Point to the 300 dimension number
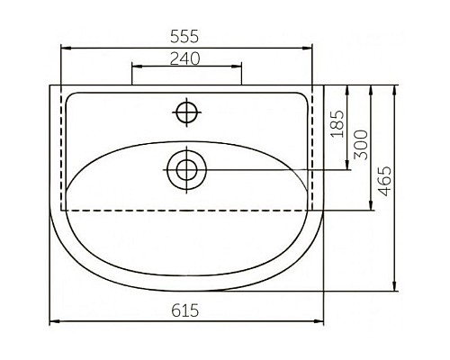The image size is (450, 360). [359, 144]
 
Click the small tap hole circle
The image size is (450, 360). [186, 112]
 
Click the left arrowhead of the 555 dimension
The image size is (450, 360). [64, 46]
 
